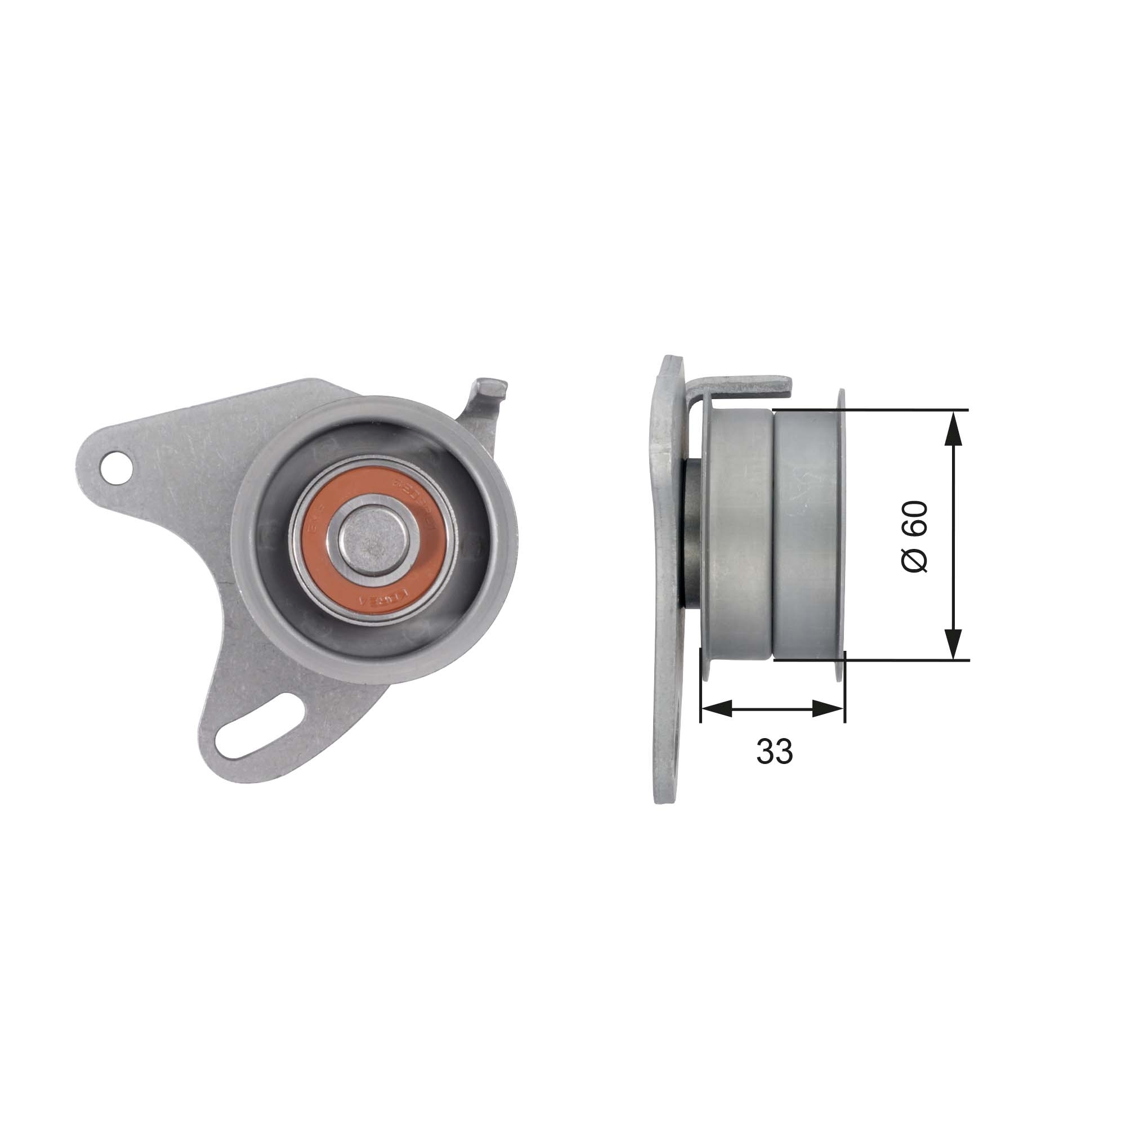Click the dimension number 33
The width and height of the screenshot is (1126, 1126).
774,751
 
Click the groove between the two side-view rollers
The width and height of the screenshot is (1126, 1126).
774,535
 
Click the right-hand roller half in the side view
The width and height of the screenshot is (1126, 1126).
807,535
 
